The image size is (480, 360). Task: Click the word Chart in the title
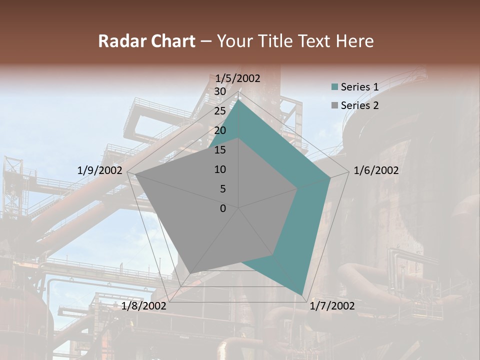pos(169,41)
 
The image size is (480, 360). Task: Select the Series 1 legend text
pos(359,87)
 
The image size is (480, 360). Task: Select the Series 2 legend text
pos(359,105)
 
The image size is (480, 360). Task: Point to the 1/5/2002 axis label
pos(238,78)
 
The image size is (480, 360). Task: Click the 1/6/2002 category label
pos(376,170)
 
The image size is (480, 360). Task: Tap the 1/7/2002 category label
pos(332,305)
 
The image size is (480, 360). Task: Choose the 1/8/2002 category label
pos(144,305)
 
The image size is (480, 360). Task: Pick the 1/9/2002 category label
pos(99,170)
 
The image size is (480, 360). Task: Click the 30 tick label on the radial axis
pos(220,91)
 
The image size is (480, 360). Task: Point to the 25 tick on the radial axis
pos(220,111)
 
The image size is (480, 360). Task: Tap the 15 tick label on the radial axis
pos(220,150)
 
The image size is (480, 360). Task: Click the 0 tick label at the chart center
pos(223,208)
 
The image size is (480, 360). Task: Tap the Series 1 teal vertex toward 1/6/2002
pos(330,177)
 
